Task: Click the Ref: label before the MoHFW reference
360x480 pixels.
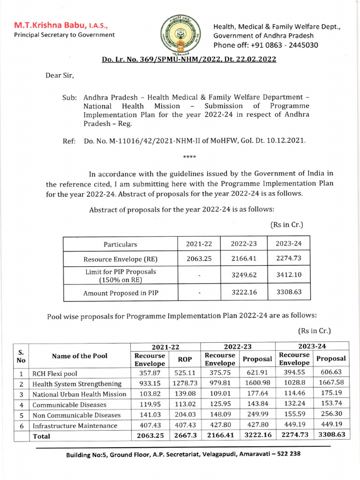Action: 69,140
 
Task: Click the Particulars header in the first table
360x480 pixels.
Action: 120,244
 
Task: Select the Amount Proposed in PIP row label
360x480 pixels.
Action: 120,293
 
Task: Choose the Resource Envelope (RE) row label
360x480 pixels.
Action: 120,259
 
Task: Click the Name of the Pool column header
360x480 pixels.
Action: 79,356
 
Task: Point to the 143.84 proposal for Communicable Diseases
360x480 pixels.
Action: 256,404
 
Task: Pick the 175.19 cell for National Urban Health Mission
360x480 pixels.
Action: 332,394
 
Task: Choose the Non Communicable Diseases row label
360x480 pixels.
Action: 76,415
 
